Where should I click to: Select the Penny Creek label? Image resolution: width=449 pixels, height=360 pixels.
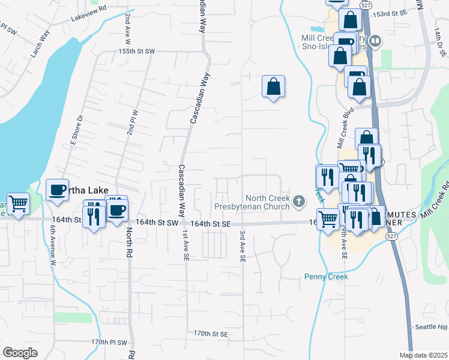click(x=326, y=277)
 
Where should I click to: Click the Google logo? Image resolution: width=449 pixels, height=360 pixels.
click(x=20, y=352)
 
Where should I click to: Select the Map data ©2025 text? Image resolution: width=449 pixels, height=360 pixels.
click(x=423, y=355)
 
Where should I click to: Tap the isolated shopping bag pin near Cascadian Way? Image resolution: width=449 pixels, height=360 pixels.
click(x=273, y=86)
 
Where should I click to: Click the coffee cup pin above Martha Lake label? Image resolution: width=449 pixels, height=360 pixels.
click(x=58, y=189)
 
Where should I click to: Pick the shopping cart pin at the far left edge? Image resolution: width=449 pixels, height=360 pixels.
click(x=18, y=204)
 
